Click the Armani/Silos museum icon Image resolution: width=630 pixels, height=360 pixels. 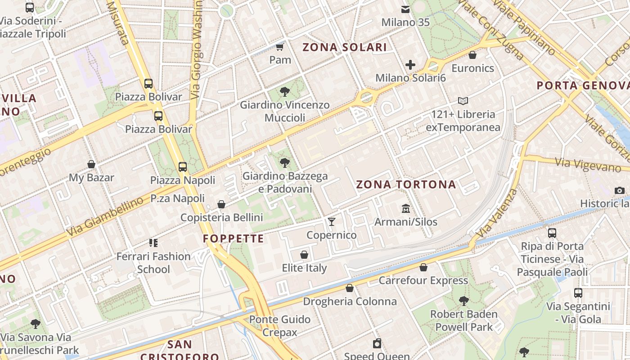tap(406, 208)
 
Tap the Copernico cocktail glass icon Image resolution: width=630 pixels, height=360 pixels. tap(332, 221)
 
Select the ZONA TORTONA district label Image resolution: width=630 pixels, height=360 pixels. tap(406, 184)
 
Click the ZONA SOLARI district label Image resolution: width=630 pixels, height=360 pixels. tap(345, 47)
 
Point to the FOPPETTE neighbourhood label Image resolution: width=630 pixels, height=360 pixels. tap(233, 238)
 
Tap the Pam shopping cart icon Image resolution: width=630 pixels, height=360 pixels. tap(280, 47)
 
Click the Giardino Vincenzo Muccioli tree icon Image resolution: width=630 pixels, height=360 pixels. tap(284, 92)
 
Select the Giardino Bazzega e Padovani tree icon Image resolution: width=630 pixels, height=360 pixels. tap(284, 163)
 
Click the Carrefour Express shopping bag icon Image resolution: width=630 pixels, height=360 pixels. tap(423, 267)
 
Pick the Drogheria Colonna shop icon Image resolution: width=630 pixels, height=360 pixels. tap(350, 288)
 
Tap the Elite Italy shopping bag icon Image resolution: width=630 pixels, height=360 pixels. tap(304, 255)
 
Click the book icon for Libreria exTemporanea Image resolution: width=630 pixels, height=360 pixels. tap(463, 101)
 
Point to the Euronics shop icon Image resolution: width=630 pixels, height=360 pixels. tap(472, 55)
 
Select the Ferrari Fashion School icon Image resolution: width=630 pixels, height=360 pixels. tap(153, 243)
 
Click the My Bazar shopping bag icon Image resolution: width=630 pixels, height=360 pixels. tap(91, 164)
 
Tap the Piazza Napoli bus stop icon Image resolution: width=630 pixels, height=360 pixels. tap(183, 167)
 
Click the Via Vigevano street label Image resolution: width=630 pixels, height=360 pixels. tap(588, 165)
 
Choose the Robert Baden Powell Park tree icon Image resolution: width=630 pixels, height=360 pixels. tap(463, 301)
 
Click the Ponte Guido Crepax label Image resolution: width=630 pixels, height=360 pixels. tap(280, 326)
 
